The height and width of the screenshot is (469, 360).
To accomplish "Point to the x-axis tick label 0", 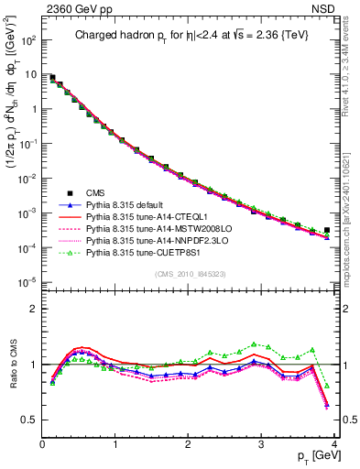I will (x=42, y=444).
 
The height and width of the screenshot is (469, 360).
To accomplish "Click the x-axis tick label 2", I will (x=188, y=444).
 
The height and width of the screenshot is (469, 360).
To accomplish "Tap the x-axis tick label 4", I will (x=333, y=444).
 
